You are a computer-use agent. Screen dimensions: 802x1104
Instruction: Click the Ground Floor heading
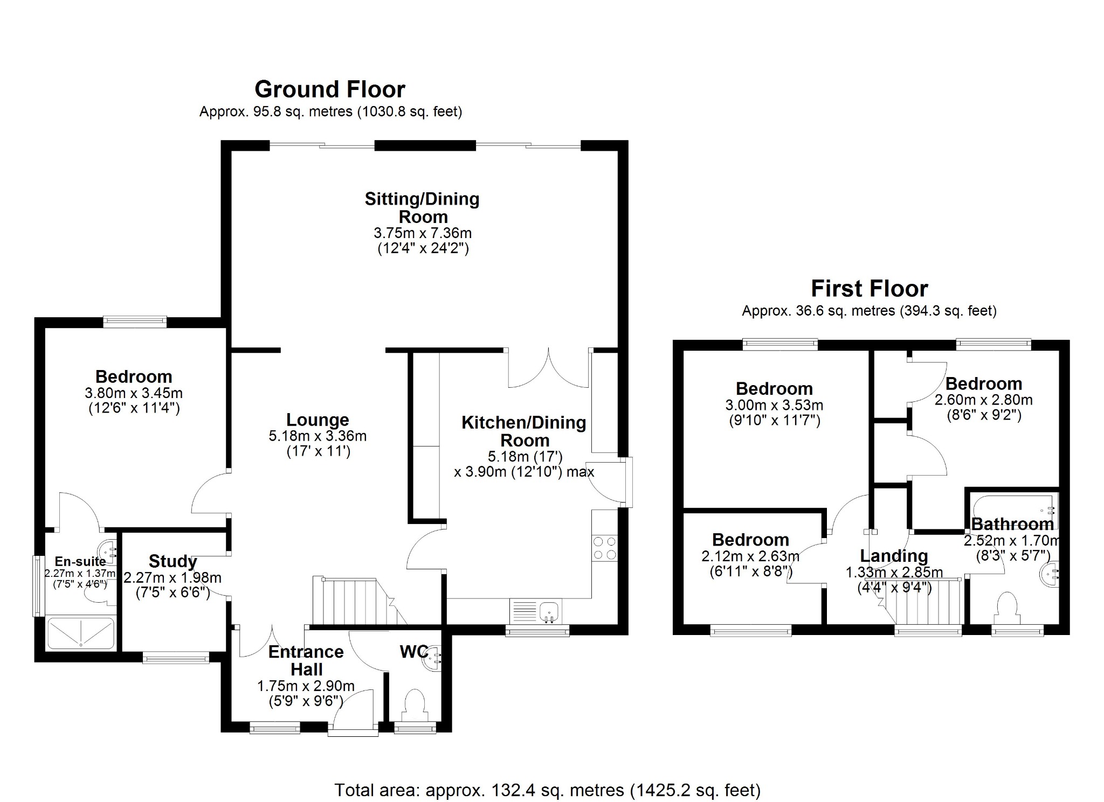click(x=329, y=89)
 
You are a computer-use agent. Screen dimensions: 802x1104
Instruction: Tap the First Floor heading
click(x=869, y=289)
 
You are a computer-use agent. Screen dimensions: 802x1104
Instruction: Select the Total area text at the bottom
click(x=547, y=790)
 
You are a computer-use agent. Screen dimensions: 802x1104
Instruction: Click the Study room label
click(x=172, y=561)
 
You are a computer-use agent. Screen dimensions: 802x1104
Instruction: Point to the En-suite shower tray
click(x=81, y=633)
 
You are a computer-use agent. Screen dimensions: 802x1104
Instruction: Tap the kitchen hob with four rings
click(x=604, y=548)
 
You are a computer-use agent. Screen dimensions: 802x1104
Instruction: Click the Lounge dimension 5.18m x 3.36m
click(x=318, y=436)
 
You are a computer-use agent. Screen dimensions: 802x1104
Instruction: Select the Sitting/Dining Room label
click(x=422, y=208)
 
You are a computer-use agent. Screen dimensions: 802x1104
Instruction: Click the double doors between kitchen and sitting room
click(x=549, y=369)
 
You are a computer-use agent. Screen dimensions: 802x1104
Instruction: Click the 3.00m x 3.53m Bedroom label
click(x=774, y=389)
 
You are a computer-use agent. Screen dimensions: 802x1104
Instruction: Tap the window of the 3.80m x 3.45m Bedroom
click(x=135, y=322)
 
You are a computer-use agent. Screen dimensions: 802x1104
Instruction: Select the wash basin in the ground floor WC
click(x=433, y=657)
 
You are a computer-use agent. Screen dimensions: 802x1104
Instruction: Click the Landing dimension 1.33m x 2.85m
click(x=894, y=572)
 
